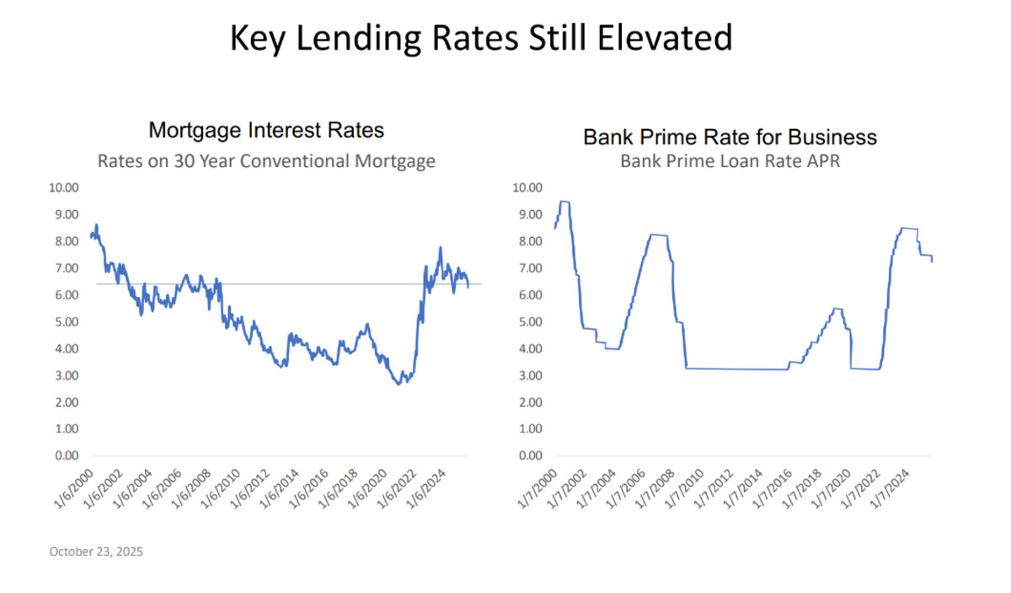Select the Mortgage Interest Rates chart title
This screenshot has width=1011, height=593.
click(x=266, y=131)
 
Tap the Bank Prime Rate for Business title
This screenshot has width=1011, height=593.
click(x=730, y=137)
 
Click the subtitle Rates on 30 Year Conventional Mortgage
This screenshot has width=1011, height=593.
click(x=266, y=160)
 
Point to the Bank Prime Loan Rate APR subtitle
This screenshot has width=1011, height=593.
click(x=730, y=160)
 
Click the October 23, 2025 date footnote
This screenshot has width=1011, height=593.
click(x=96, y=552)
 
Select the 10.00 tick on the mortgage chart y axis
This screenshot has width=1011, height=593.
click(x=66, y=187)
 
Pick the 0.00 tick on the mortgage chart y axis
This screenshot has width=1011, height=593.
click(x=68, y=456)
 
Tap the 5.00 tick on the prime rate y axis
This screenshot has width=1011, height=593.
click(x=532, y=321)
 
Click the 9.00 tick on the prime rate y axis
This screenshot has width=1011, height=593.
click(x=532, y=214)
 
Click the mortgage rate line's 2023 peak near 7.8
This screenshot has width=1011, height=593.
click(x=440, y=248)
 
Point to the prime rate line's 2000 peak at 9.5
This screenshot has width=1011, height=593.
click(x=564, y=202)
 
